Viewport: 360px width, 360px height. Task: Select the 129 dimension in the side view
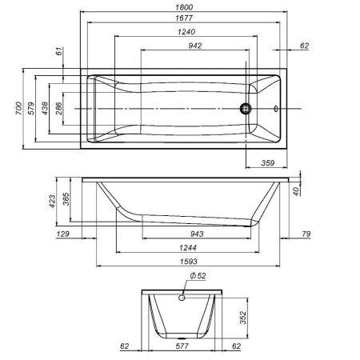pos(64,234)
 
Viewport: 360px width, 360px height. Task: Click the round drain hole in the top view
pos(247,108)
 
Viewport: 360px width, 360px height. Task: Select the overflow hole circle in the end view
pos(182,298)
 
